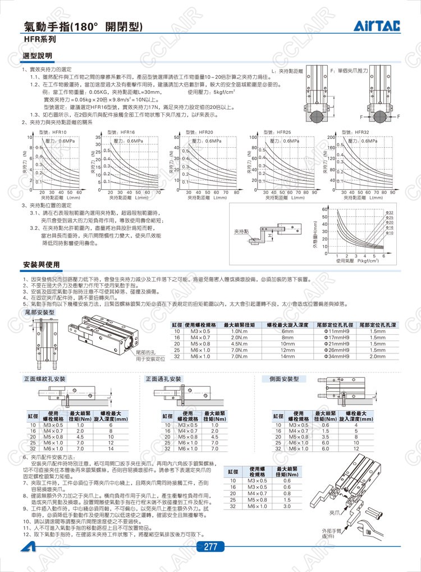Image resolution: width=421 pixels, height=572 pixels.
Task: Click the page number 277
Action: point(211,547)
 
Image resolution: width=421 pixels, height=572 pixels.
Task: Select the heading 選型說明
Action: point(37,56)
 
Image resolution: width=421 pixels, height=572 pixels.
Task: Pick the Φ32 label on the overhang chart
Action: point(390,212)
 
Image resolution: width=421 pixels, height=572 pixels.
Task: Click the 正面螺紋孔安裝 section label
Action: point(45,379)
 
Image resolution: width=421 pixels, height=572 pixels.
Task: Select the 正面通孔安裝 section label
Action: point(164,379)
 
